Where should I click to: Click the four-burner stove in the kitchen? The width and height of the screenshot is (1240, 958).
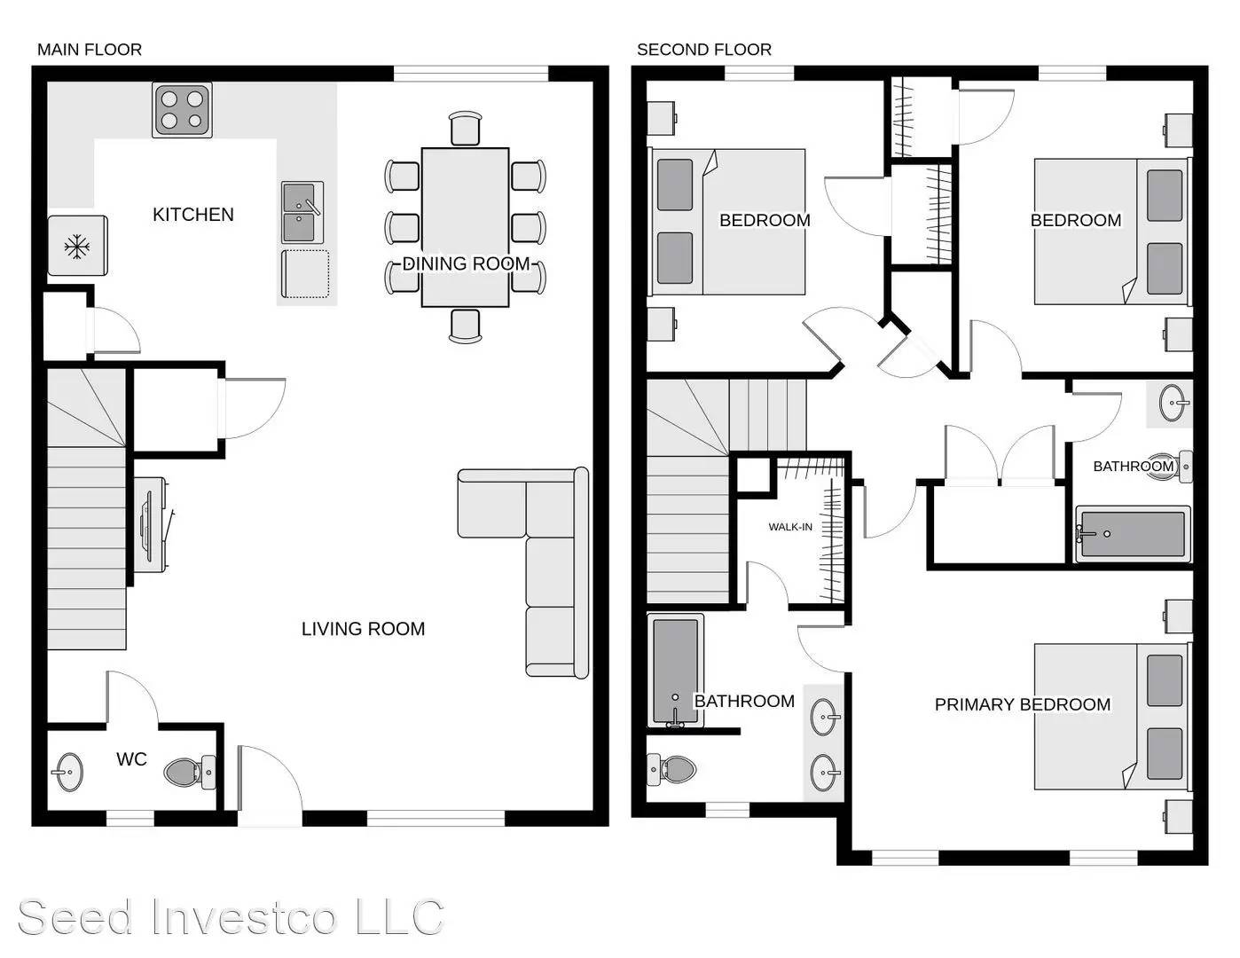pos(182,109)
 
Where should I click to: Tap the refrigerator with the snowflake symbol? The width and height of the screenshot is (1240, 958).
pos(77,246)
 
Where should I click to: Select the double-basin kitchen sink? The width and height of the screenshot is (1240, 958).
pos(302,213)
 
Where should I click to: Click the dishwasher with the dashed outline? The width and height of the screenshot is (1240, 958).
pos(305,274)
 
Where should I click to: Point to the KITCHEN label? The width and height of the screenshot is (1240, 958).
pos(192,215)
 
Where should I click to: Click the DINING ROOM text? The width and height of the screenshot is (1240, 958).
pos(466,263)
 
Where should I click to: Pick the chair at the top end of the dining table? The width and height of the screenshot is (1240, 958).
pos(465,129)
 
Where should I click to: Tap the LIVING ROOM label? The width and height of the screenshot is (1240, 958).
pos(363,629)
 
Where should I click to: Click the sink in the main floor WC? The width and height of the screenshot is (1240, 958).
pos(67,771)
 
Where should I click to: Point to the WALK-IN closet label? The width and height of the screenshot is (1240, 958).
pos(789,527)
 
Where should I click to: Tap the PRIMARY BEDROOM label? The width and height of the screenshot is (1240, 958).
pos(1022,704)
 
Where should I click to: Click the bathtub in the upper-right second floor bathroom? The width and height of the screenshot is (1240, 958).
pos(1132,534)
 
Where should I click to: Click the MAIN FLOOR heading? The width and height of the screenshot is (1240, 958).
pos(89,50)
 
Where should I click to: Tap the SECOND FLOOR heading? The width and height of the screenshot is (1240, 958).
pos(703,50)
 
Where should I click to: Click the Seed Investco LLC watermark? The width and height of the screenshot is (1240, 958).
pos(231,916)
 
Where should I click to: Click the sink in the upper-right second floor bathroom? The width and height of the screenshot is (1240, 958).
pos(1174,404)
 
